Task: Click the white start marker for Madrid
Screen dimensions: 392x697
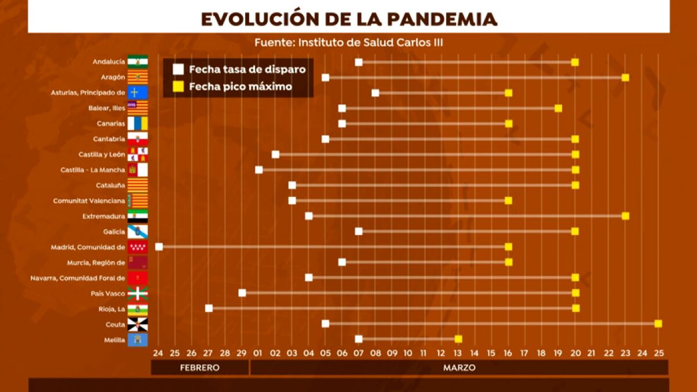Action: (x=159, y=247)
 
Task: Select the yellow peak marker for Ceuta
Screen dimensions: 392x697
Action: (x=658, y=323)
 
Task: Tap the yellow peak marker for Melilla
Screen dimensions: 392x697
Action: (x=458, y=339)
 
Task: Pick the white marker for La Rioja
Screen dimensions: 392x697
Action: (x=209, y=308)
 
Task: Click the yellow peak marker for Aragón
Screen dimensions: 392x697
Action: (x=625, y=78)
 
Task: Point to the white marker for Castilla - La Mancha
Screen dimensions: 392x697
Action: (x=259, y=170)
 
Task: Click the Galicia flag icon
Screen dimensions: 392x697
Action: (x=138, y=231)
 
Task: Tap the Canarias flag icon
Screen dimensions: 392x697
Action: (x=138, y=124)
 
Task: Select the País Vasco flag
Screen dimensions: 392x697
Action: (x=138, y=293)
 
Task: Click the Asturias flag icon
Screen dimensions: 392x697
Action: (x=138, y=93)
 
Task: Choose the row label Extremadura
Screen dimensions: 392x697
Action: (x=104, y=216)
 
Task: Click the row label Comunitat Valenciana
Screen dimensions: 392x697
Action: (x=89, y=201)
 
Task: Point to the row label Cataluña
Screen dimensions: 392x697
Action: (x=110, y=185)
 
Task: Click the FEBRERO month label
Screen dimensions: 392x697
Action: (x=200, y=368)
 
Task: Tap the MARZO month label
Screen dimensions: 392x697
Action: (x=459, y=368)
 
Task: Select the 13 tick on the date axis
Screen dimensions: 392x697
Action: (x=458, y=353)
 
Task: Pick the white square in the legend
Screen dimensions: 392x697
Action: (x=178, y=70)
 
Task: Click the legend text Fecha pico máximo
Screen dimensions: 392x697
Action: (x=240, y=87)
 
